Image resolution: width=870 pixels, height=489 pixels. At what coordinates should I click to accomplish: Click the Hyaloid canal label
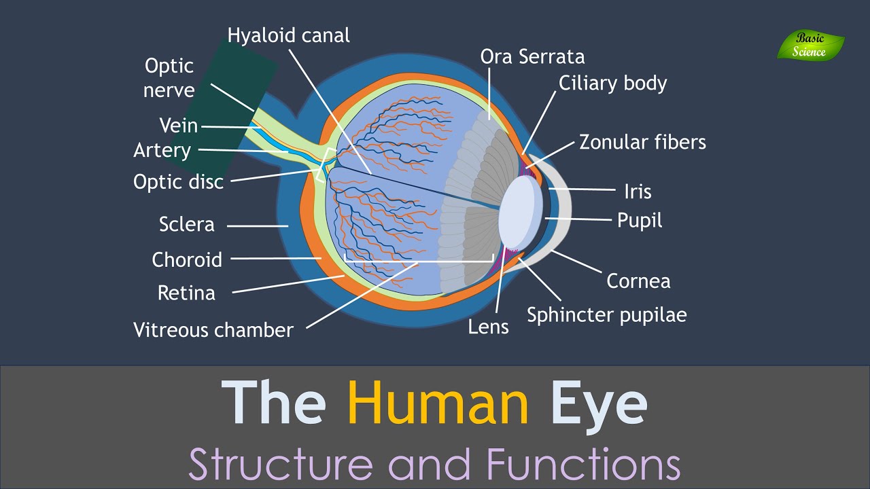point(289,35)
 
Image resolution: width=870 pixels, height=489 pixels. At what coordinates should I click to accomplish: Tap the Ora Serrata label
point(532,56)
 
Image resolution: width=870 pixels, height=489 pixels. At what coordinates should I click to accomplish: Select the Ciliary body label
point(612,83)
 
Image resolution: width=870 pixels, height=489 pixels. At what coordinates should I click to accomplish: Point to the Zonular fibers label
point(642,142)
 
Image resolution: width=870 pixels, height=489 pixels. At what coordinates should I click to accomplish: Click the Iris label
point(638,192)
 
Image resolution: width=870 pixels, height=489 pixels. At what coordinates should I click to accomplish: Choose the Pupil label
point(640,220)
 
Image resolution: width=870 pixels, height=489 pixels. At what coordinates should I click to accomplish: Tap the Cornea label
point(638,280)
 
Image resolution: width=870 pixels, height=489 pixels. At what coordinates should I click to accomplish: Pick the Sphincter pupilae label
point(606,315)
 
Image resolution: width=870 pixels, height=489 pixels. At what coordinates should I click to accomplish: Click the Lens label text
point(488,327)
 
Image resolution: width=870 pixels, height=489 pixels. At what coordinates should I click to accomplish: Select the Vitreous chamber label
point(213,330)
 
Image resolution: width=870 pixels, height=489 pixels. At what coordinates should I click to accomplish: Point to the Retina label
point(186,293)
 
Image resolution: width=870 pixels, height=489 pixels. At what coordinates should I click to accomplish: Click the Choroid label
point(187,259)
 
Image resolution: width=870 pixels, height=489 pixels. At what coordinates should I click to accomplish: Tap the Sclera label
point(186,224)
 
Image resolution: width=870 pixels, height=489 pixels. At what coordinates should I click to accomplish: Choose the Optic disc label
point(178,182)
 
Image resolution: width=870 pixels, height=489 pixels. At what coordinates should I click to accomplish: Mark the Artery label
point(162,150)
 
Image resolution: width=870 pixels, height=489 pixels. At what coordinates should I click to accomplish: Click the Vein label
point(178,126)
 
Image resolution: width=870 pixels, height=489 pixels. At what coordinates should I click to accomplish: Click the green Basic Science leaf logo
point(810,46)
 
